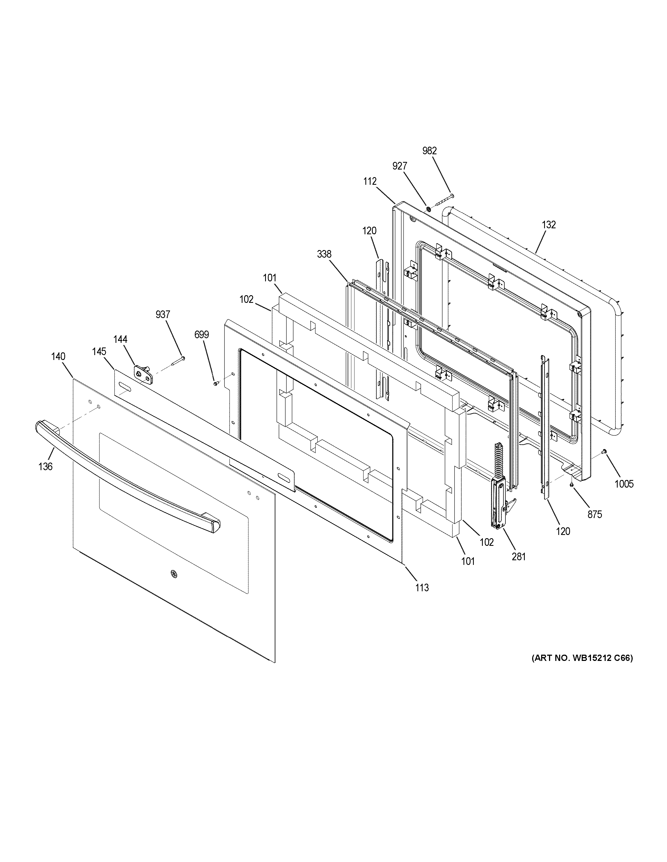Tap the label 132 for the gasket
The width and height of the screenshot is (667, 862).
549,225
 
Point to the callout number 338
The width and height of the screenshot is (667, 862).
324,254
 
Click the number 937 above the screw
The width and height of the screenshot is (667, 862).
163,315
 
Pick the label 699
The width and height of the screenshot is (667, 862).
202,335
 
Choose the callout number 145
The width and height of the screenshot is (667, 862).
99,351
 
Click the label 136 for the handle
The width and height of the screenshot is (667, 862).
46,467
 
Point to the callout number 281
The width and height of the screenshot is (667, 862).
519,557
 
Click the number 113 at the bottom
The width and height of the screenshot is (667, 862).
422,599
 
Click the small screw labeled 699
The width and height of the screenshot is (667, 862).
215,383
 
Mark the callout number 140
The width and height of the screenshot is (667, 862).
58,357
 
